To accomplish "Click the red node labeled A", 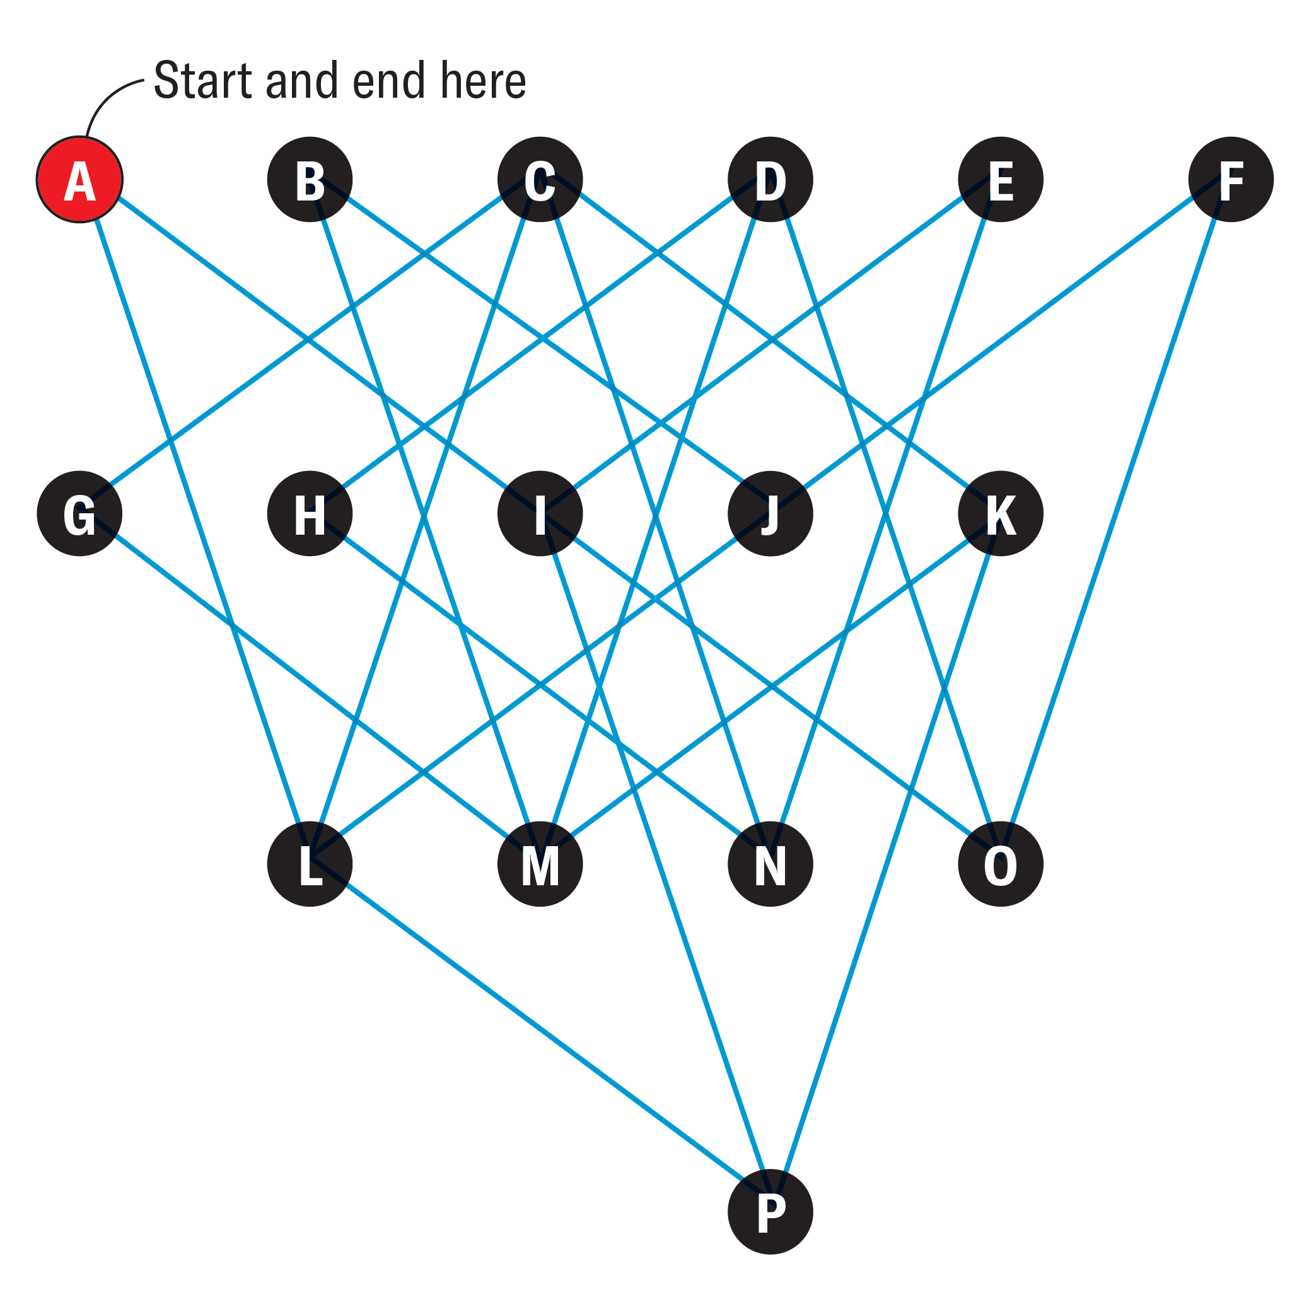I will (79, 180).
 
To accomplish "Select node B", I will (310, 180).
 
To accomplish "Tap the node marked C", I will (540, 180).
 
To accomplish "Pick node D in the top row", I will (770, 180).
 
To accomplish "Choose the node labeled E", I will (1001, 180).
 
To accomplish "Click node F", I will (1231, 180).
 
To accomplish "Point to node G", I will (79, 513).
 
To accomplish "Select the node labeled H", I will (310, 513).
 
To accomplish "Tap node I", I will (540, 513).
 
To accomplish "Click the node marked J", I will (770, 513).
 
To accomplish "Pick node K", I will (1001, 513).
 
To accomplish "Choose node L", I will (310, 864).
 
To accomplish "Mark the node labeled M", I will (540, 864).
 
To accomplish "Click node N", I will (770, 864).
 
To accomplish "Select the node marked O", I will (1001, 864).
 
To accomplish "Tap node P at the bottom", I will (770, 1212).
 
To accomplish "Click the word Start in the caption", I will (202, 81).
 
